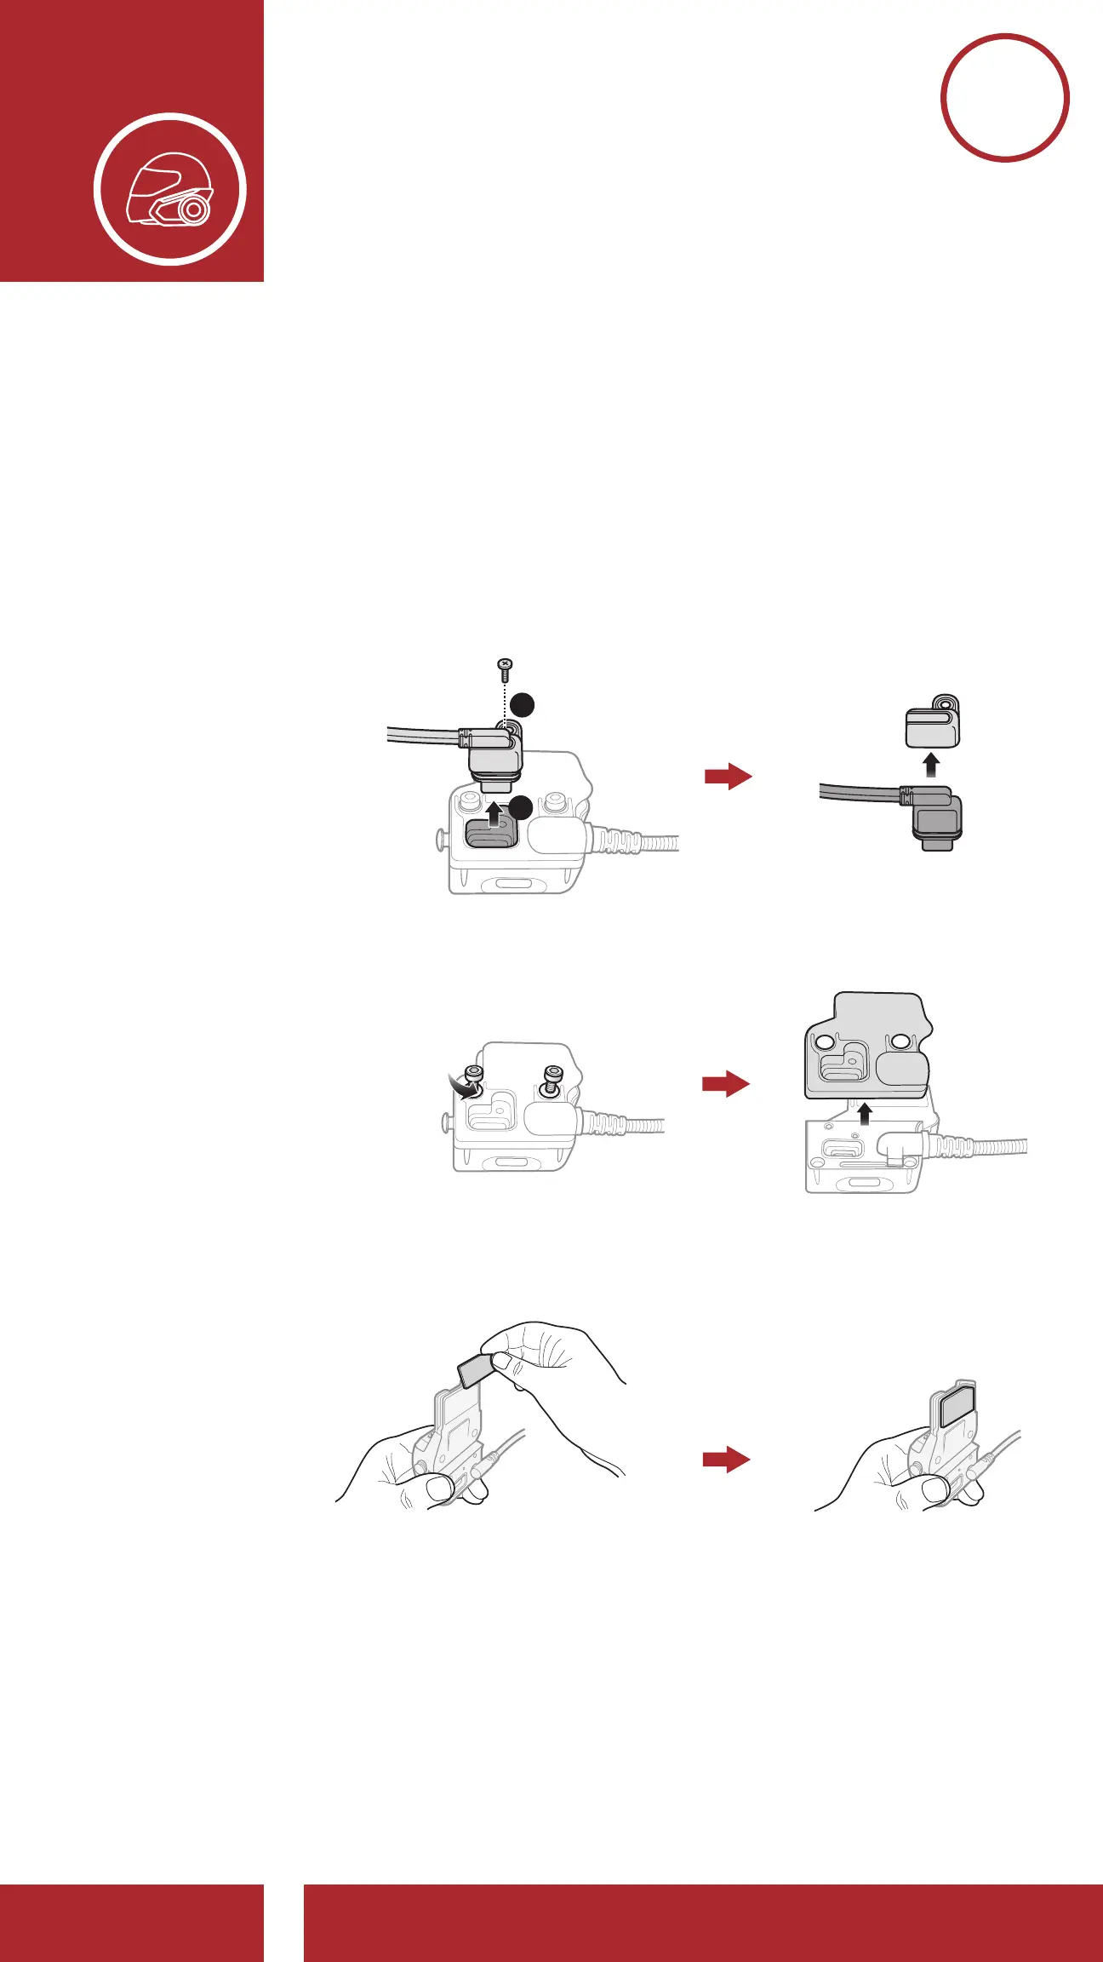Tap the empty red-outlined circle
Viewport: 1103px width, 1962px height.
tap(1004, 98)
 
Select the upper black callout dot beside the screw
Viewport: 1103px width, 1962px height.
tap(523, 704)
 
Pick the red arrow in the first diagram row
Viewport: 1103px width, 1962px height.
tap(728, 776)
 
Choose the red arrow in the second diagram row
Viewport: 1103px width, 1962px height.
tap(725, 1083)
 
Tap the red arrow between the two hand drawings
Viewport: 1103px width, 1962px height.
tap(725, 1460)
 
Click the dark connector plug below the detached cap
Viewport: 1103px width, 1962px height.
tap(938, 823)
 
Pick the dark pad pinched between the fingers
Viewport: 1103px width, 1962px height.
tap(475, 1369)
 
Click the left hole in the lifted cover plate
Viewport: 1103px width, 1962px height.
tap(824, 1042)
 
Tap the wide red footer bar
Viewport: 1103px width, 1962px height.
tap(703, 1923)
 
